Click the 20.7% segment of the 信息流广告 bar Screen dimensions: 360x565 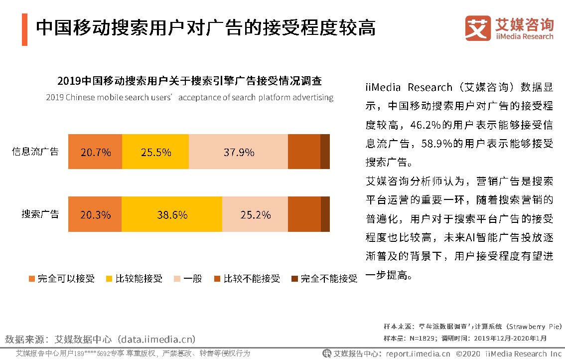[x=95, y=152]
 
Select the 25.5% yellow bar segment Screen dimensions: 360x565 [x=155, y=152]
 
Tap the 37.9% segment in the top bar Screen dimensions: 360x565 [x=239, y=152]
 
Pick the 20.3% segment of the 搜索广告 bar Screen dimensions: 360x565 [x=95, y=215]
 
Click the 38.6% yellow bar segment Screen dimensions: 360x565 [x=172, y=215]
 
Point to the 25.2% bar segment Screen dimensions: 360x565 [x=255, y=215]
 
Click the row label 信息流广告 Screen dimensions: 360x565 [x=35, y=152]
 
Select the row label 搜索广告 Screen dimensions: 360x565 [x=40, y=214]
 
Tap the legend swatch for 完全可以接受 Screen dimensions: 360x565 [x=32, y=279]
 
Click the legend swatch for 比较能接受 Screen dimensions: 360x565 [x=109, y=279]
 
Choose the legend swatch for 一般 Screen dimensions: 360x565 [x=177, y=279]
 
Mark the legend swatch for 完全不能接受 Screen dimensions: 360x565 [x=294, y=279]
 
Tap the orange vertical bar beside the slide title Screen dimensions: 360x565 [x=24, y=29]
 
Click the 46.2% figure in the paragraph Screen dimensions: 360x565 [x=427, y=125]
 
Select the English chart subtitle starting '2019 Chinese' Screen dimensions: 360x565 [x=189, y=97]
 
